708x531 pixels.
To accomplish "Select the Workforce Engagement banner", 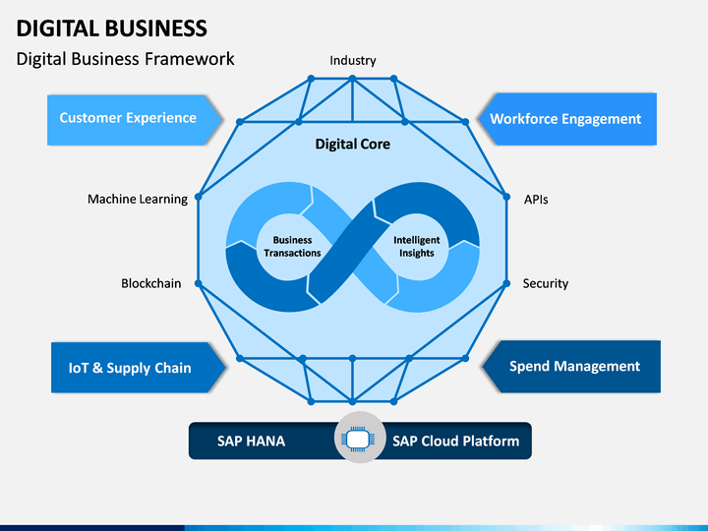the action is tap(567, 119).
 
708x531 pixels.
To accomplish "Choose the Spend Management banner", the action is tap(571, 366).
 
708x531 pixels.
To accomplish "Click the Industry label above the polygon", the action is tap(353, 61).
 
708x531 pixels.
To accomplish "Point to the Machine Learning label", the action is tap(138, 199).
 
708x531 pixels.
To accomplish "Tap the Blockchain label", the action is tap(151, 283).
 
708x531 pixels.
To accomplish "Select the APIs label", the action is tap(536, 200).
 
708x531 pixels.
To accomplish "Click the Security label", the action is tap(546, 283).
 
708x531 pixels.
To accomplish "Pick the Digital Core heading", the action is tap(353, 144).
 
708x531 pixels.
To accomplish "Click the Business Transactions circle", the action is tap(292, 247).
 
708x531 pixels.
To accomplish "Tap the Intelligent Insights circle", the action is tap(416, 247).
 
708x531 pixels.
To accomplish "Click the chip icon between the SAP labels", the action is tap(360, 438).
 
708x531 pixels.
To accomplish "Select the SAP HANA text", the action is tap(251, 442).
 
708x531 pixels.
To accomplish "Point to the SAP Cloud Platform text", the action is tap(455, 442).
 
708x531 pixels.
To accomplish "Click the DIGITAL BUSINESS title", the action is tap(112, 29).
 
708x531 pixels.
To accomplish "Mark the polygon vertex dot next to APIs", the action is tap(506, 197).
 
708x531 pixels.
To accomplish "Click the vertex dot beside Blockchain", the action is tap(199, 283).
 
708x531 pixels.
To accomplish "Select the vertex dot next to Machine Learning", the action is tap(199, 197).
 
